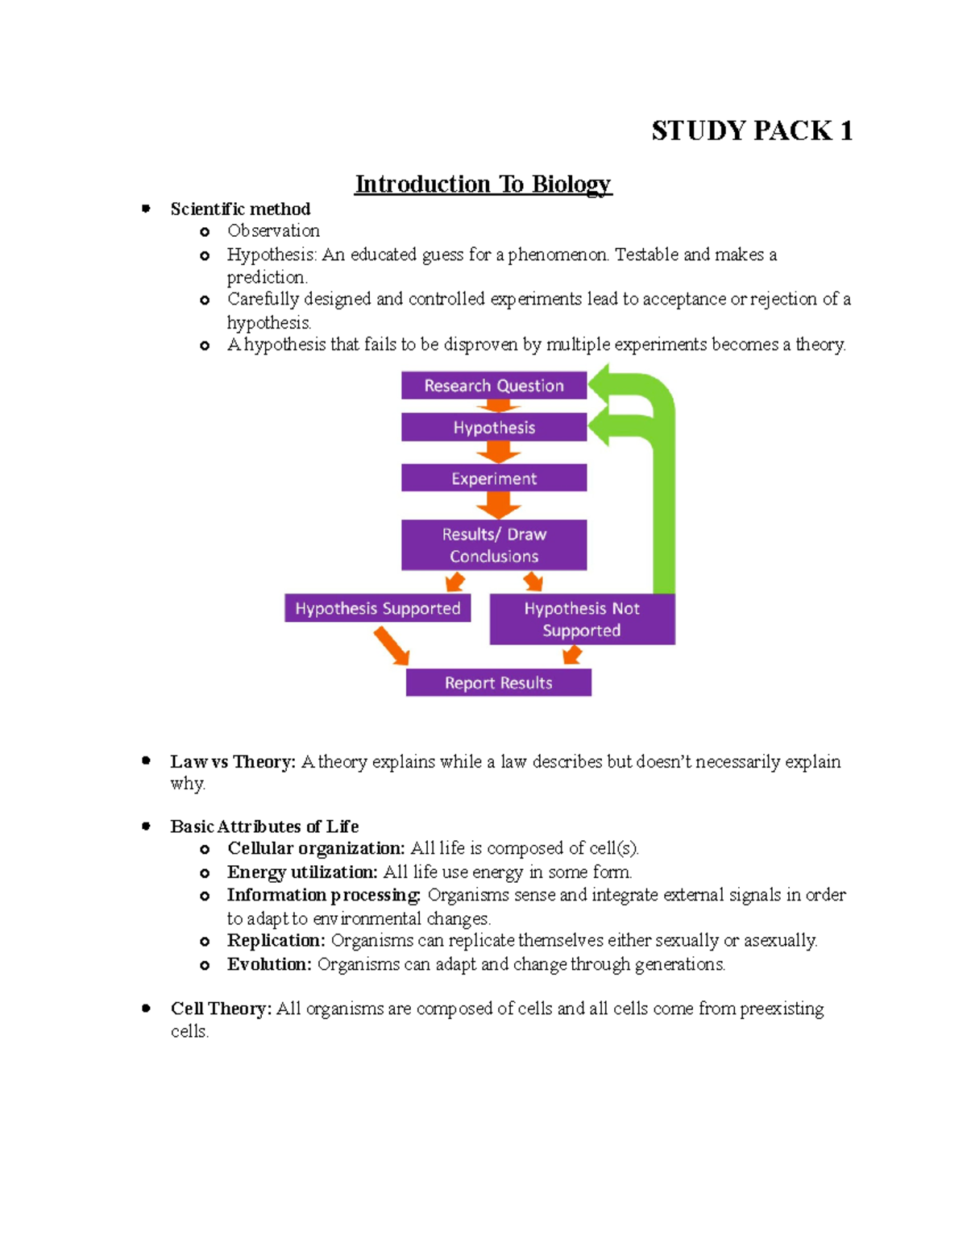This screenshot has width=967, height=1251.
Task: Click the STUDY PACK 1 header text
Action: pyautogui.click(x=751, y=130)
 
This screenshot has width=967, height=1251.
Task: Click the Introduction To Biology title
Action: pyautogui.click(x=483, y=184)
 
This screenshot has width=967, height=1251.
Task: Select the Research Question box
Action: pyautogui.click(x=494, y=386)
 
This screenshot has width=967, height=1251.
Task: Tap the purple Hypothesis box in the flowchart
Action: pyautogui.click(x=494, y=428)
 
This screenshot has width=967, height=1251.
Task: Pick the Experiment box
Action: pyautogui.click(x=494, y=478)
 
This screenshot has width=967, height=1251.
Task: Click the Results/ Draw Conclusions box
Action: pyautogui.click(x=494, y=545)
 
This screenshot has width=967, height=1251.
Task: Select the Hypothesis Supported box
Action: pyautogui.click(x=377, y=608)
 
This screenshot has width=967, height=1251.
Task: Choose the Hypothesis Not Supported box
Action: pyautogui.click(x=582, y=619)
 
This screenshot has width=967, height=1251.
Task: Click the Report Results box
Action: pyautogui.click(x=498, y=683)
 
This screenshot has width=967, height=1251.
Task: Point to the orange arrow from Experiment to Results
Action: pyautogui.click(x=498, y=505)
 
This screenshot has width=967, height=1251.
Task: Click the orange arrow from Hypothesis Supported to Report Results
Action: pyautogui.click(x=392, y=646)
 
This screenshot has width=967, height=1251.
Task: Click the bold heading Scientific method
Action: pyautogui.click(x=240, y=209)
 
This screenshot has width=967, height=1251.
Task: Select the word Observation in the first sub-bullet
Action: pyautogui.click(x=273, y=231)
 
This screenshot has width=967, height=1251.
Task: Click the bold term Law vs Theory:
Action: pyautogui.click(x=233, y=762)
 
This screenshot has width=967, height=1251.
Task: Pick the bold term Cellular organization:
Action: pyautogui.click(x=316, y=848)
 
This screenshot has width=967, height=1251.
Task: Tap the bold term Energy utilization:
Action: pyautogui.click(x=302, y=872)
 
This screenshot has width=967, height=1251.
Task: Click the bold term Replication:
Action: pyautogui.click(x=276, y=941)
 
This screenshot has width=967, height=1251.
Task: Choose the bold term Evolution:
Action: pyautogui.click(x=269, y=964)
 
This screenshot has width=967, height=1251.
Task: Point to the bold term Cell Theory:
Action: pyautogui.click(x=221, y=1009)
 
